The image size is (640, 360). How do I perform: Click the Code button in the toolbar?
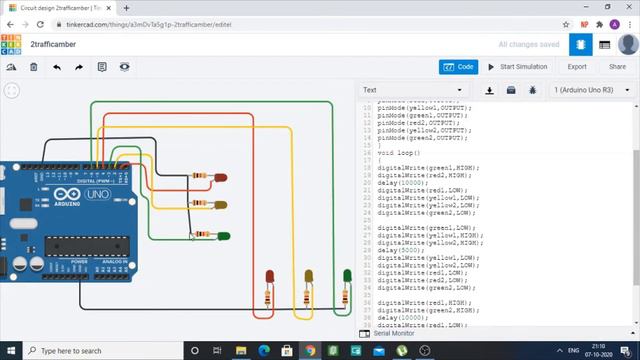pos(459,67)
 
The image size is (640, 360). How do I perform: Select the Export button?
pos(577,67)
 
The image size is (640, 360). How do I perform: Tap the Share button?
pos(617,67)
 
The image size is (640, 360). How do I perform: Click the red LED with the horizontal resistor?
pos(221,178)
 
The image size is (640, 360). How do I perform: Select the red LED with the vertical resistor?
pos(270,277)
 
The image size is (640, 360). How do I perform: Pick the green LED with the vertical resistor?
pos(347,276)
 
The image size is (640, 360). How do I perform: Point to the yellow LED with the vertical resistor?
pos(308,277)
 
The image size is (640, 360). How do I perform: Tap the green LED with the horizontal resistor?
pos(224,236)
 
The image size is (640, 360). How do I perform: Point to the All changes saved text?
pos(529,45)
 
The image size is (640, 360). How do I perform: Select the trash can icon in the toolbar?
pos(33,67)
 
